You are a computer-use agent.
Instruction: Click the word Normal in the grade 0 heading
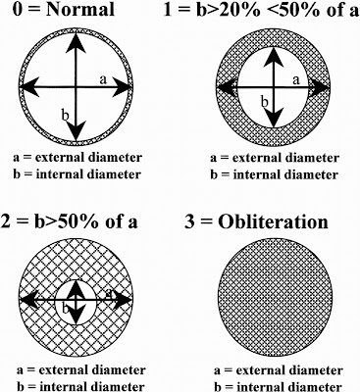80,9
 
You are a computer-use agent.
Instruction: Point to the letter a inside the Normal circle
103,79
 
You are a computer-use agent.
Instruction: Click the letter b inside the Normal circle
66,115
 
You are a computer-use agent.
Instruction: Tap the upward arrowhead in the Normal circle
76,43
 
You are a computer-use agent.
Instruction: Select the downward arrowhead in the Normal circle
76,130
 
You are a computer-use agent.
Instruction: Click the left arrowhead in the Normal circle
29,86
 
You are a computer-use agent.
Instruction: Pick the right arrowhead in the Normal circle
123,86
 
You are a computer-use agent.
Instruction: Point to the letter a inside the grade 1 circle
296,79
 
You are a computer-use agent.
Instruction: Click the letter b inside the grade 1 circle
265,102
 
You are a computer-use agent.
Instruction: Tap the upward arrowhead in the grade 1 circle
274,58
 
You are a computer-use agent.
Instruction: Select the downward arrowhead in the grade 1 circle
274,118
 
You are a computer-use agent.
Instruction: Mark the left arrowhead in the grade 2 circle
29,299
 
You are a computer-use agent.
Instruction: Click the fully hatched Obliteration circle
276,297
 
